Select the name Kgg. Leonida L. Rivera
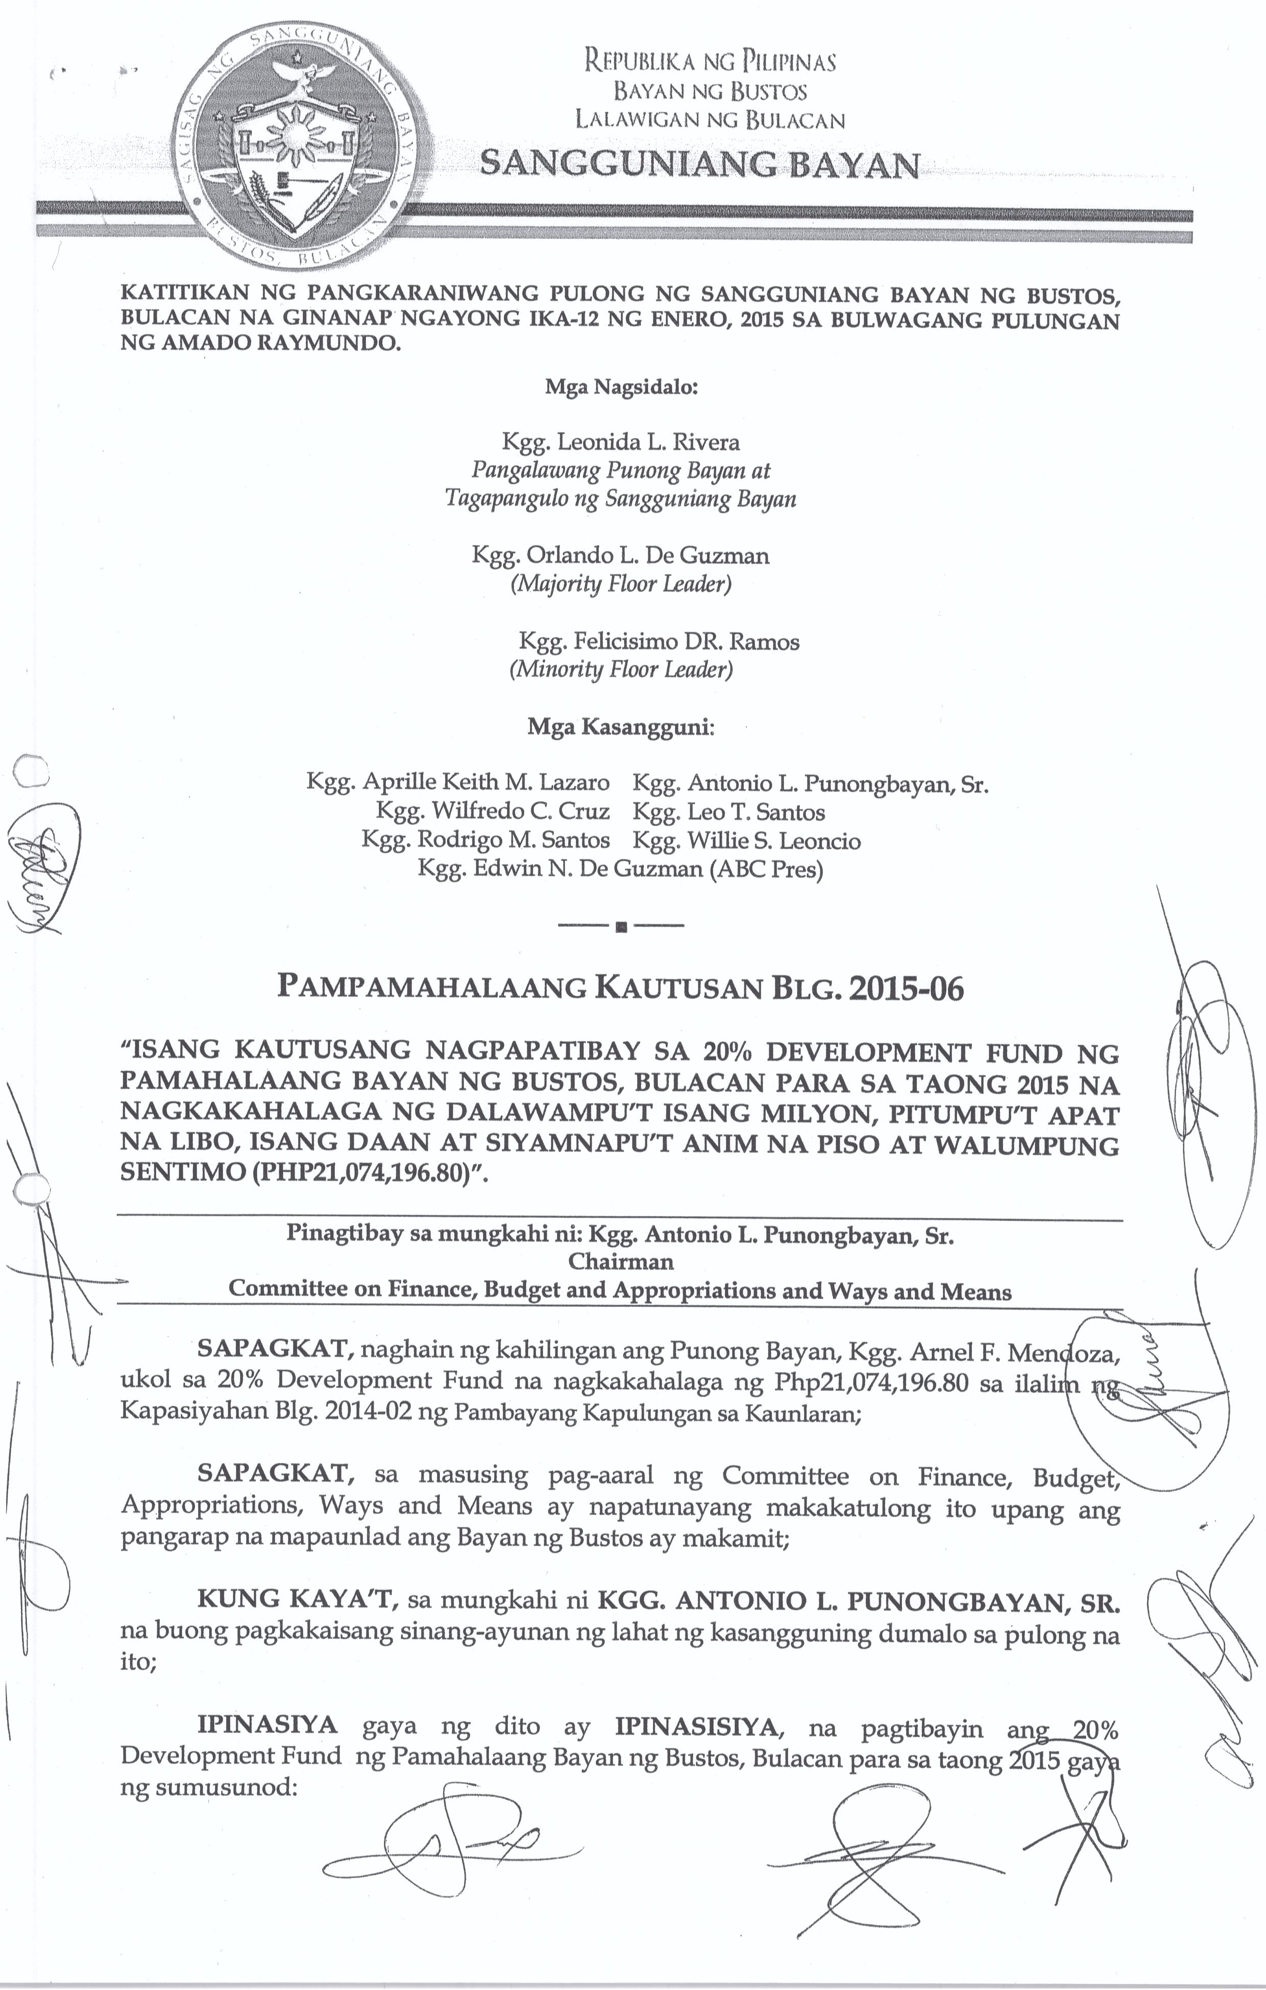[621, 442]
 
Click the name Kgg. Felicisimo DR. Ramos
[659, 642]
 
